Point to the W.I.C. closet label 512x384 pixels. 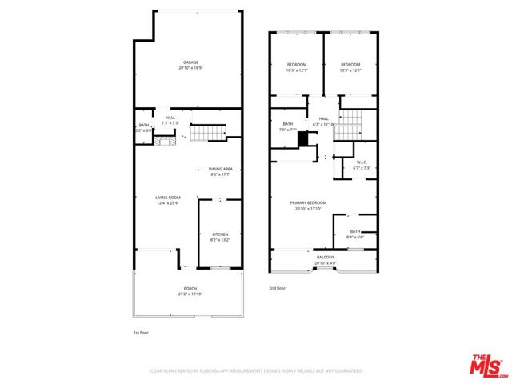tap(362, 165)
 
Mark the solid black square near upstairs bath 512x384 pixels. tap(303, 139)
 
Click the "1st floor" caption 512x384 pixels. tap(141, 332)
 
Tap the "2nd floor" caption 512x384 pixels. tap(277, 288)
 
